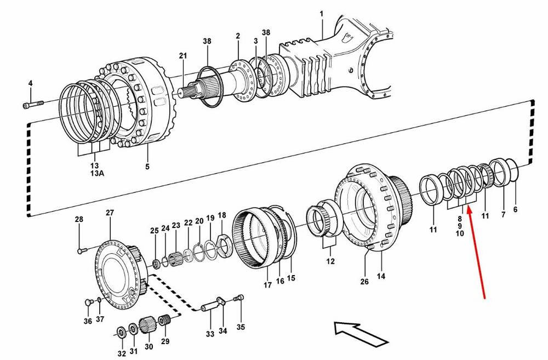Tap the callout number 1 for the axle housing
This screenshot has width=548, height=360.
click(322, 14)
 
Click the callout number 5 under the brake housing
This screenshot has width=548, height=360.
click(147, 165)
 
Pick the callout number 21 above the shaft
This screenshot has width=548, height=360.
click(182, 56)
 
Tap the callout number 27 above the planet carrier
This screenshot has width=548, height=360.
click(110, 213)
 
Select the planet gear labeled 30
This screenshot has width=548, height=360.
click(149, 327)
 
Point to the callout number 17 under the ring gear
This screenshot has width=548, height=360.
click(267, 284)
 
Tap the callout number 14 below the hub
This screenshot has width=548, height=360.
click(380, 276)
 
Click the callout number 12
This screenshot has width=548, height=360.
click(330, 261)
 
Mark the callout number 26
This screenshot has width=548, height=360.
click(365, 282)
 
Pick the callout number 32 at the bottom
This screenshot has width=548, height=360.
click(122, 353)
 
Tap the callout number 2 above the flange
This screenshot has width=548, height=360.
click(238, 36)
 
